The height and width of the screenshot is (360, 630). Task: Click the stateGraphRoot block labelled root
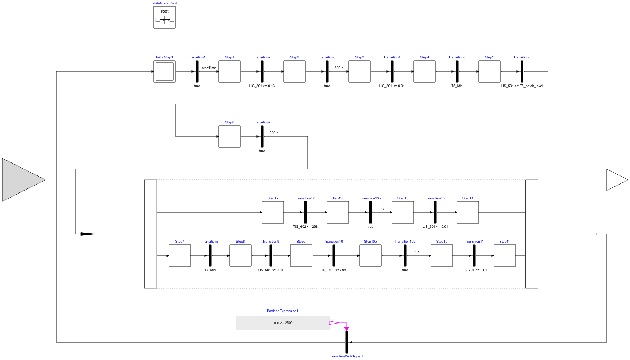165,17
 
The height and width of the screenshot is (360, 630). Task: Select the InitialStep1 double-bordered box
165,71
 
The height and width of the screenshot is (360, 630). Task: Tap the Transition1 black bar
197,71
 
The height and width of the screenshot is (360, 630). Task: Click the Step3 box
360,71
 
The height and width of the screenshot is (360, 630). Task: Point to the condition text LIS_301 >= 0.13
262,86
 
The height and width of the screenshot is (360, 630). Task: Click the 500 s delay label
339,68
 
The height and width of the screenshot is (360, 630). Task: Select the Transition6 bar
522,71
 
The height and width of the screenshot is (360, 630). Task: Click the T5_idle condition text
457,86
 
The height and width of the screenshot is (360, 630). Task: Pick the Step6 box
230,136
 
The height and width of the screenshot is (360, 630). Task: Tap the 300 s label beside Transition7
274,133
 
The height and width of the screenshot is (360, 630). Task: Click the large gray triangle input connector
22,180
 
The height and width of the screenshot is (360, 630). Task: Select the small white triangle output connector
616,180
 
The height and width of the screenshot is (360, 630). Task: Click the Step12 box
273,212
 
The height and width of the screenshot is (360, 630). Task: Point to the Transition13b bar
370,212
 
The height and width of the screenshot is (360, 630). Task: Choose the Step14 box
468,212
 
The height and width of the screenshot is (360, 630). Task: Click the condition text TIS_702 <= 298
334,270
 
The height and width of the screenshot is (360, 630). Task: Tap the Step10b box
370,256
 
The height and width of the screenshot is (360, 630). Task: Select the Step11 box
505,256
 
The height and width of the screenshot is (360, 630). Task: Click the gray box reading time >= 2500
282,323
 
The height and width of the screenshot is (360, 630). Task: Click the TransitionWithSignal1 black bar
347,342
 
